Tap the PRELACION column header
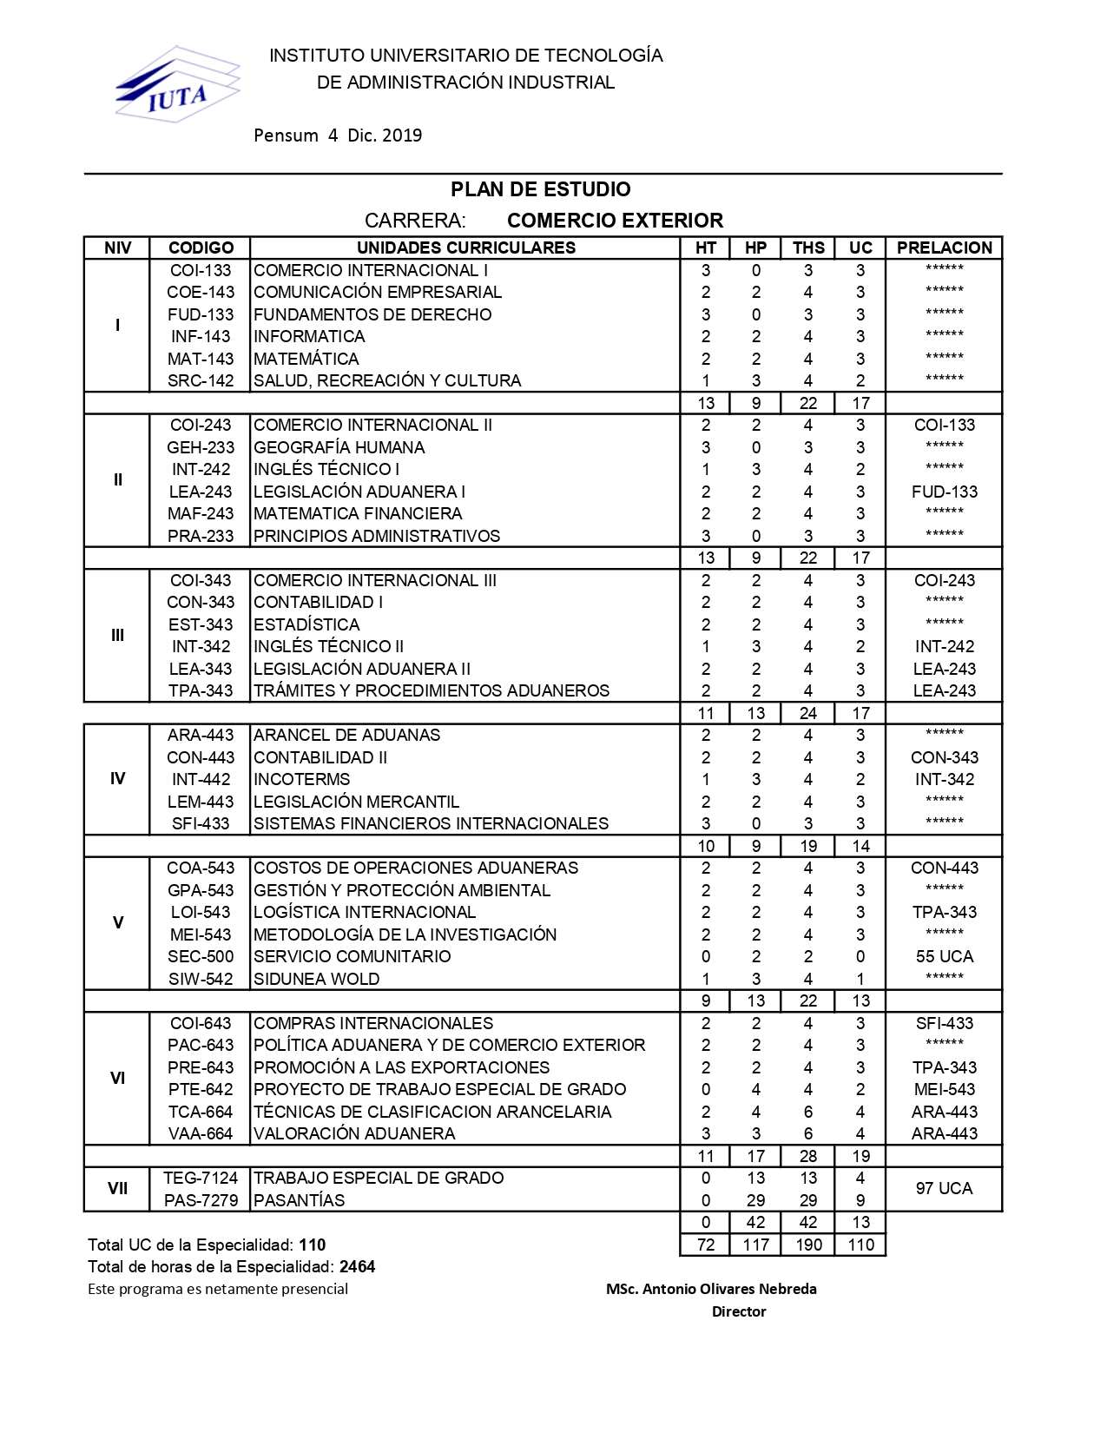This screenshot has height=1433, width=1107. click(x=944, y=248)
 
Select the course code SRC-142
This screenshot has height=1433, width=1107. click(x=201, y=380)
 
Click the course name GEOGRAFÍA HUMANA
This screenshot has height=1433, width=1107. click(x=339, y=447)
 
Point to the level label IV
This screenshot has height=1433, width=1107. click(x=117, y=779)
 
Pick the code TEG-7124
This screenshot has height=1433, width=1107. click(x=201, y=1178)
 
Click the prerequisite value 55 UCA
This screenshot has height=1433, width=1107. click(x=944, y=956)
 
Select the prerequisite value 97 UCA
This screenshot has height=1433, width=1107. click(x=944, y=1188)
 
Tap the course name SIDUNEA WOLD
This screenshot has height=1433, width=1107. click(x=316, y=979)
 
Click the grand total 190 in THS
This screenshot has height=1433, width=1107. click(x=808, y=1245)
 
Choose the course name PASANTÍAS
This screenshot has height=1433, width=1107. click(x=299, y=1200)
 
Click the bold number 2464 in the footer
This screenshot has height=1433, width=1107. click(x=357, y=1266)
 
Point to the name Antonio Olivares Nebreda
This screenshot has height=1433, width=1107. click(x=711, y=1289)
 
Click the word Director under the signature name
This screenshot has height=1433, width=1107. click(x=739, y=1311)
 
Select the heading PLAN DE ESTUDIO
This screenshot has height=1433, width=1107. click(x=540, y=189)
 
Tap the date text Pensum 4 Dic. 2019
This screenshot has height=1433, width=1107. click(x=338, y=135)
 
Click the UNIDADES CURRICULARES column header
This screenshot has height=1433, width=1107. click(x=465, y=248)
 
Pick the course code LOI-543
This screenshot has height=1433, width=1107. click(x=201, y=912)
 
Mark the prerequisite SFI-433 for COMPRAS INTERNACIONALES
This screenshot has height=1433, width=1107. click(x=944, y=1023)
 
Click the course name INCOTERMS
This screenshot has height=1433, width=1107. click(x=301, y=779)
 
